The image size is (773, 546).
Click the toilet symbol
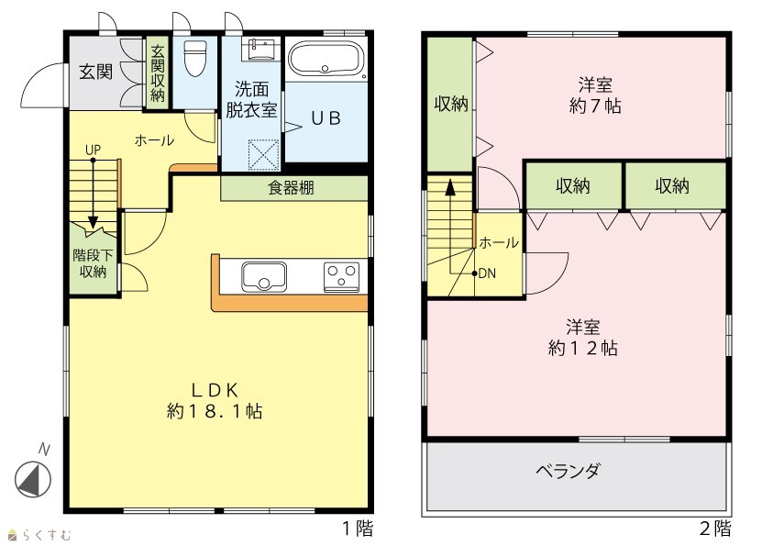(x=193, y=58)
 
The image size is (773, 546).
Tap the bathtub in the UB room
(x=326, y=58)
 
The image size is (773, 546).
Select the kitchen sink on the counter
(x=264, y=277)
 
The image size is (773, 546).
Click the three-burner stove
(x=341, y=277)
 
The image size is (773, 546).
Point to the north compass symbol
(x=33, y=479)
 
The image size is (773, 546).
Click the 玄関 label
(x=95, y=72)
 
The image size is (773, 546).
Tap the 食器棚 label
(x=291, y=188)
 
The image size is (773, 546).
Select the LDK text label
(x=215, y=390)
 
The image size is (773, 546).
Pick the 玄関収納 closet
(x=158, y=72)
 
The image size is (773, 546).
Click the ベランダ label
(x=568, y=471)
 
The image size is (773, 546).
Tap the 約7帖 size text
(x=595, y=106)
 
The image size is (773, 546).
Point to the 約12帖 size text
(x=582, y=348)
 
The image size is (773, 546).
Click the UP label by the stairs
(x=93, y=150)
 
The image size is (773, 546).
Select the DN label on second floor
(x=487, y=273)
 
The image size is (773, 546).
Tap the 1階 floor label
(x=358, y=529)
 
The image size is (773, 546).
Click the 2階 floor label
(x=715, y=529)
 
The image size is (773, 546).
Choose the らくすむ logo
(x=40, y=535)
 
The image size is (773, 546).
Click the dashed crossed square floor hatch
(x=263, y=155)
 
